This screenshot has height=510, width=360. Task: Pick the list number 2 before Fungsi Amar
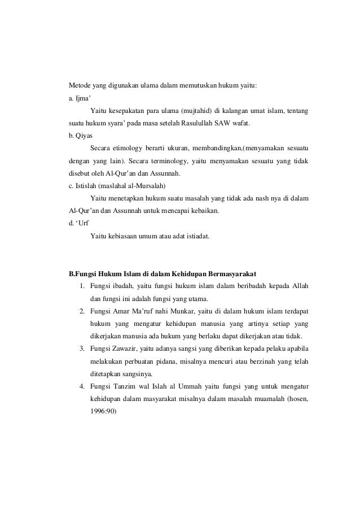tap(82, 311)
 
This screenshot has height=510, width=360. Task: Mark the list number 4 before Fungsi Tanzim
tap(82, 385)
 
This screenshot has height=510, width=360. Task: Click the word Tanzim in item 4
tap(127, 385)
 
